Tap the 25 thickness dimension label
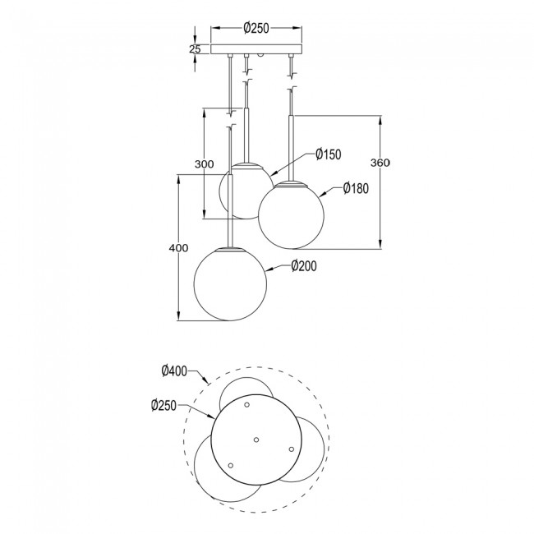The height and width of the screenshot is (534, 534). [x=195, y=48]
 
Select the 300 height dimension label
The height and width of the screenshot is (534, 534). [x=204, y=163]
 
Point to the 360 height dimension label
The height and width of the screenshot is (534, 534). [x=379, y=163]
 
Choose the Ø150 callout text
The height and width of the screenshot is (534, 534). [x=327, y=154]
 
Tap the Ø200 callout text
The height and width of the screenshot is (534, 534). [x=304, y=265]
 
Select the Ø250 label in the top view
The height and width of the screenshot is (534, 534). [x=165, y=404]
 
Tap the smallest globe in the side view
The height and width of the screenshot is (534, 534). [x=241, y=191]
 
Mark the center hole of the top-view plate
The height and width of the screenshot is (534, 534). [x=256, y=440]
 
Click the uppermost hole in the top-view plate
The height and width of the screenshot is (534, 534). [x=246, y=405]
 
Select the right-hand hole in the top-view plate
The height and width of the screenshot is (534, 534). [x=291, y=449]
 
